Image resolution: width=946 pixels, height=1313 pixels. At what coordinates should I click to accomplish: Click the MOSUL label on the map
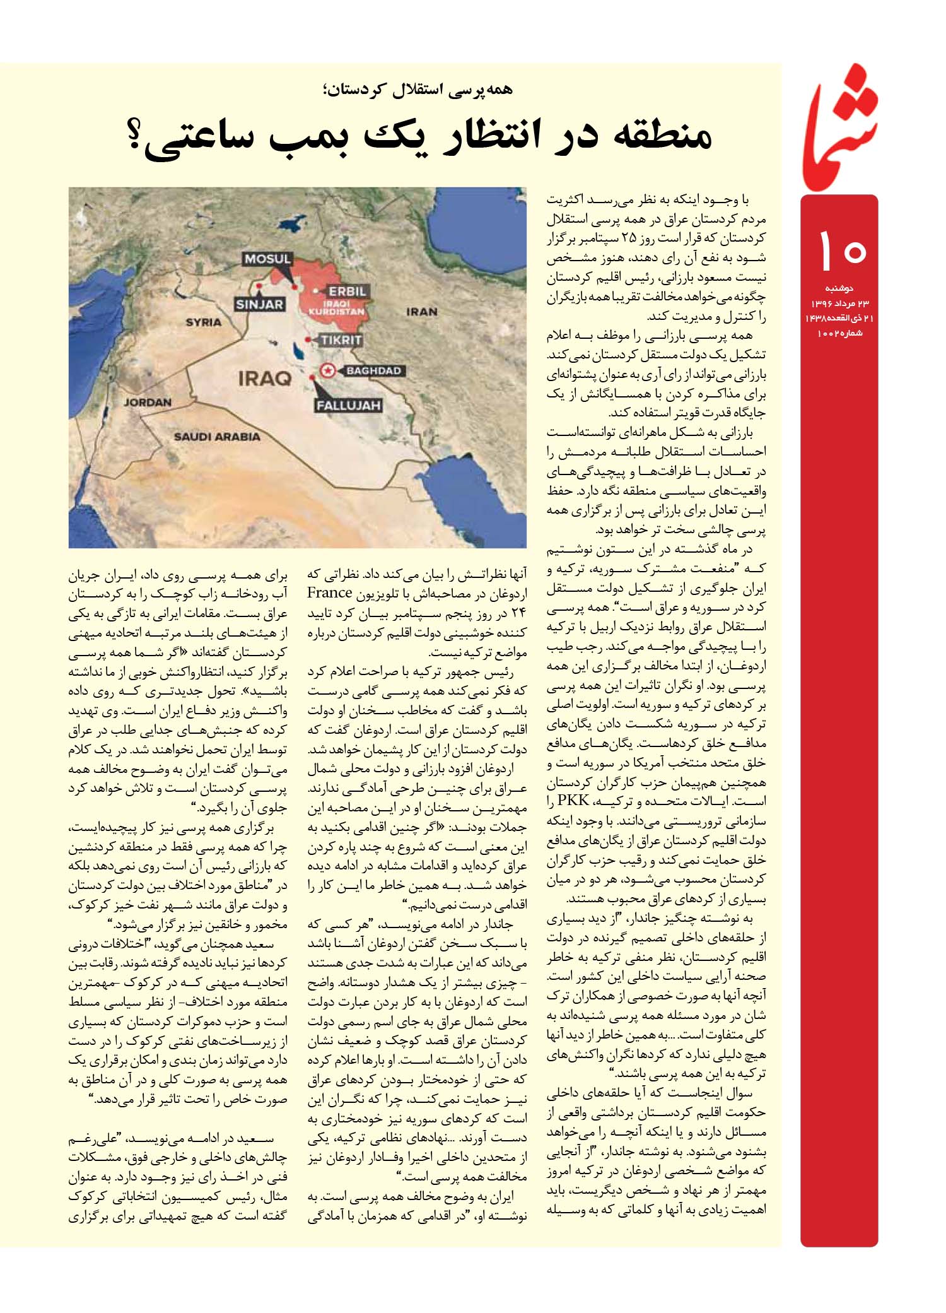(x=267, y=259)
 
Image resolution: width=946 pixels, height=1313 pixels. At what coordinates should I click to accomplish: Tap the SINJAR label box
(x=259, y=305)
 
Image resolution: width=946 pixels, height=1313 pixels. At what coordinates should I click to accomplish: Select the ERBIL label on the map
(x=347, y=292)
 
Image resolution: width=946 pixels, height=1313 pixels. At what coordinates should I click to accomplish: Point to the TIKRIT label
(x=341, y=341)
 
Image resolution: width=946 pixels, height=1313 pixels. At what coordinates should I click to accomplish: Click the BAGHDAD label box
(x=373, y=371)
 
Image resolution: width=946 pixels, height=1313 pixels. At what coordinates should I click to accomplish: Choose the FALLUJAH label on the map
(x=348, y=405)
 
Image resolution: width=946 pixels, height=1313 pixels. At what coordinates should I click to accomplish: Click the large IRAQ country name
(x=265, y=379)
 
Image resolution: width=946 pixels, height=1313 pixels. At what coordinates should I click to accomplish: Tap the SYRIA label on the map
(x=203, y=322)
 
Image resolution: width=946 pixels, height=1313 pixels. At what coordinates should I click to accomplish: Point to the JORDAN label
(x=148, y=402)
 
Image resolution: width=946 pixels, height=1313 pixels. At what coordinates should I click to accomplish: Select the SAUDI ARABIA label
(x=217, y=437)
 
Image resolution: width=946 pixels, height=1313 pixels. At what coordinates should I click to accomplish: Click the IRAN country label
(x=422, y=312)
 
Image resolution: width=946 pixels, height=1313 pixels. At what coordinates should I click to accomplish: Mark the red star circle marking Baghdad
(x=327, y=371)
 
